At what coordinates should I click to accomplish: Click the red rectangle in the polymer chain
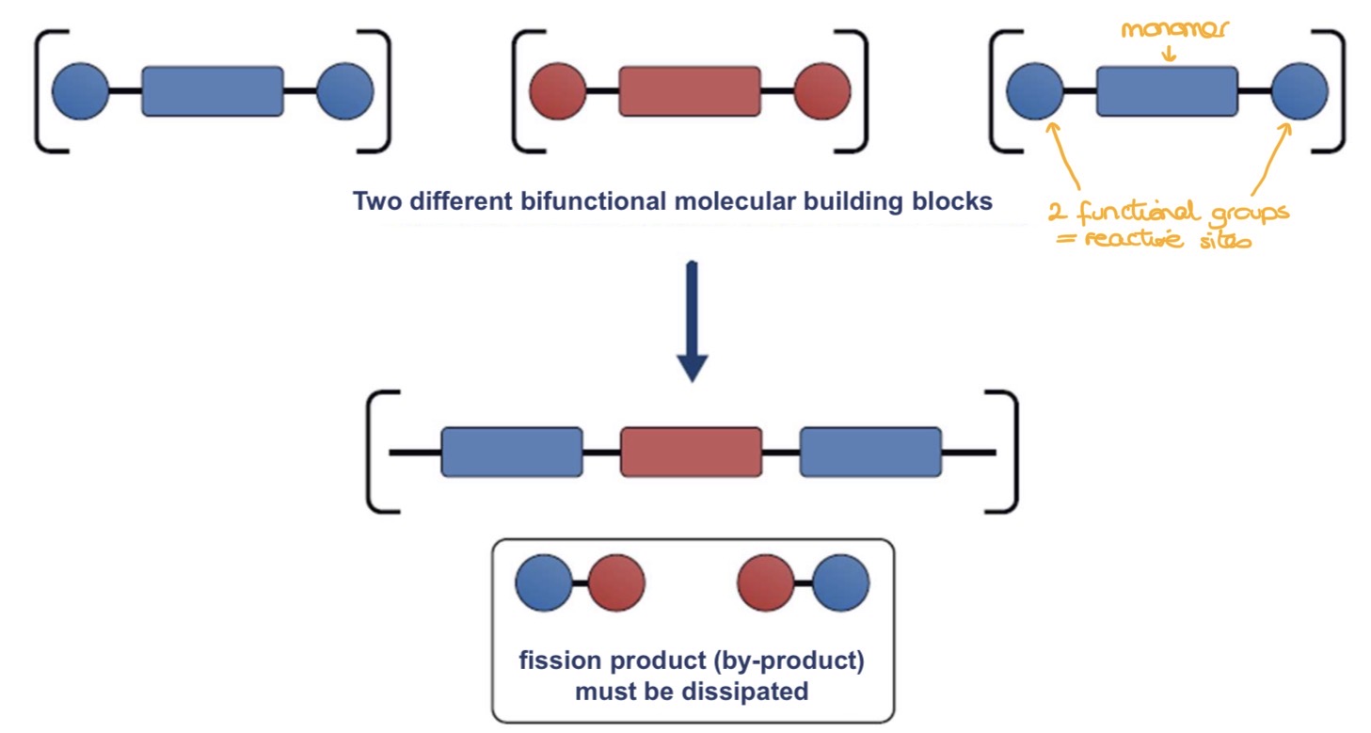click(691, 452)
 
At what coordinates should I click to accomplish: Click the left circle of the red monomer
click(558, 91)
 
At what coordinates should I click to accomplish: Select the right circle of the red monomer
click(822, 91)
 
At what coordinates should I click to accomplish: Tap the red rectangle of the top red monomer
click(689, 91)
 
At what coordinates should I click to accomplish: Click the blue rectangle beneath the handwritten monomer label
click(1167, 91)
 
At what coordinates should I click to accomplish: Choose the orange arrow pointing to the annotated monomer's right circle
click(1276, 155)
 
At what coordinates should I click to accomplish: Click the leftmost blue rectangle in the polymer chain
click(512, 452)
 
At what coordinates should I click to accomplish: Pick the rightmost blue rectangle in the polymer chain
click(869, 452)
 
